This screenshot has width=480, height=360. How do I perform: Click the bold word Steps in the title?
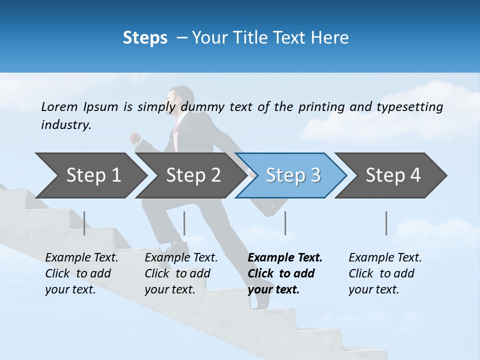(x=145, y=37)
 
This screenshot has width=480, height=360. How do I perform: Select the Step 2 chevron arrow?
(x=193, y=175)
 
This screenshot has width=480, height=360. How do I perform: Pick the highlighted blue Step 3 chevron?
(x=293, y=175)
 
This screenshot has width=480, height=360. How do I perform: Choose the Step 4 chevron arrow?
(x=393, y=175)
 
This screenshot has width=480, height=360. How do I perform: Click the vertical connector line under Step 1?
(x=84, y=223)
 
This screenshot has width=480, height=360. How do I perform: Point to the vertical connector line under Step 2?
(x=184, y=223)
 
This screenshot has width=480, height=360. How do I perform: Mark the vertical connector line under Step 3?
(x=285, y=223)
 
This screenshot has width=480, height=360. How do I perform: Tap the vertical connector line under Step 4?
(x=386, y=223)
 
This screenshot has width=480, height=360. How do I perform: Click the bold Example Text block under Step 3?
(x=285, y=273)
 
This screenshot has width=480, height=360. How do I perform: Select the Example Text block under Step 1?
(x=81, y=273)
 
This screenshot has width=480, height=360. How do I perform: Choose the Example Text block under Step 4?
(x=385, y=273)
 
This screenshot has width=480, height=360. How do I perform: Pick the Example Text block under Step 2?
(x=181, y=273)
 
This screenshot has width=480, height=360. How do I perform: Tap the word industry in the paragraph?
(x=65, y=125)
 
